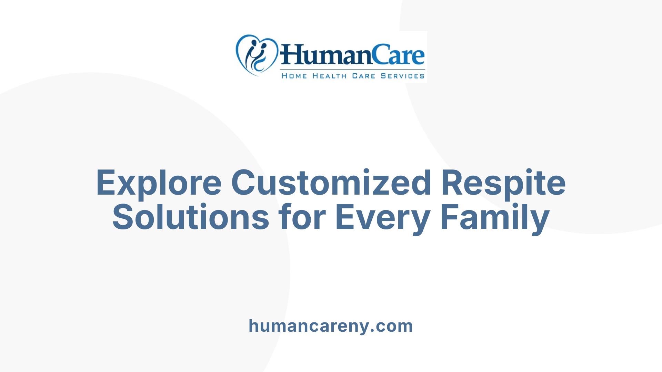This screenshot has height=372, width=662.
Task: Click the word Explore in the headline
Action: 159,183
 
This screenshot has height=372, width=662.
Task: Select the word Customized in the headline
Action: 331,183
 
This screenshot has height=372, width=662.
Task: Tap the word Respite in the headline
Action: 503,183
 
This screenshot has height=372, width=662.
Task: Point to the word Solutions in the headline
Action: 191,217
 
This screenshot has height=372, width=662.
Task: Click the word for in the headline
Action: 302,217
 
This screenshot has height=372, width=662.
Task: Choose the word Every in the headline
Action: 382,217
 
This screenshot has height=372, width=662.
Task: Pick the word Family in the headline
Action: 495,217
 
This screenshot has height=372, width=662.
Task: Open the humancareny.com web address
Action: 331,326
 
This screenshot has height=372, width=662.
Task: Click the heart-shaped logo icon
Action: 257,55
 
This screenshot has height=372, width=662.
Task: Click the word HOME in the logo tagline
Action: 294,76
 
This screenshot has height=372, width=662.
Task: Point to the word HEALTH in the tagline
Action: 329,76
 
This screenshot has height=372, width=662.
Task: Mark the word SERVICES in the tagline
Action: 402,76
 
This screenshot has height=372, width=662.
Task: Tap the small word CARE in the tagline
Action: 363,76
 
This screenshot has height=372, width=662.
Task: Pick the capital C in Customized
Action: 243,183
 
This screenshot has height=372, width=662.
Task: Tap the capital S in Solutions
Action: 122,217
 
